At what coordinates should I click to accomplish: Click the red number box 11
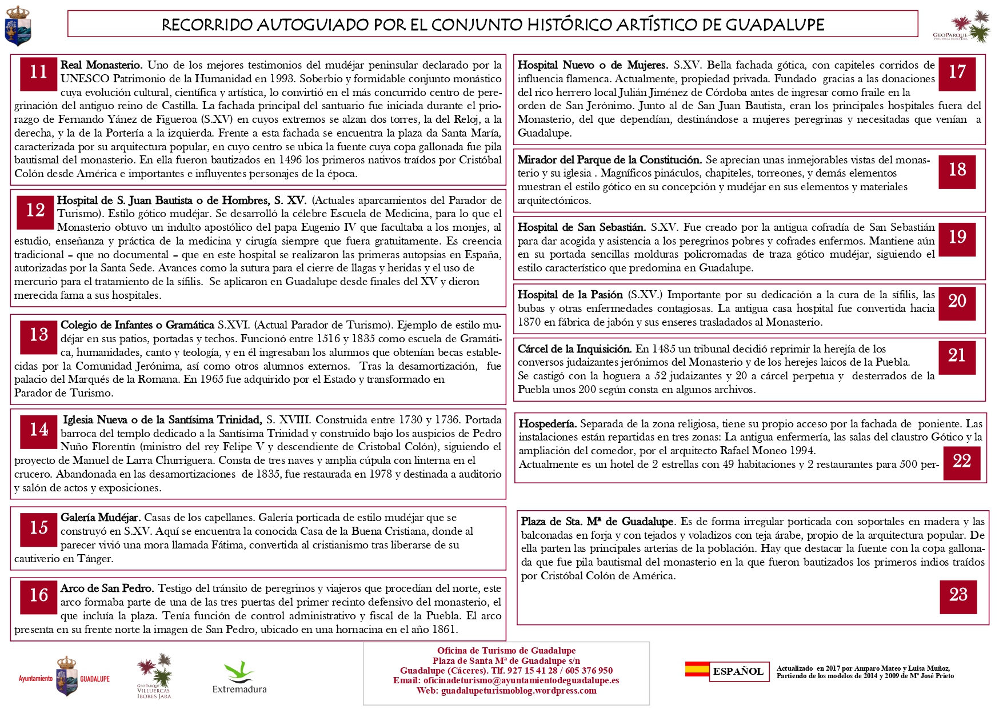pos(39,73)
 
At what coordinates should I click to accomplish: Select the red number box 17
pos(957,73)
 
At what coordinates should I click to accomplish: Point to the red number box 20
pos(957,302)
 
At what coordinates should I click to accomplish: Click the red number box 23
pos(958,596)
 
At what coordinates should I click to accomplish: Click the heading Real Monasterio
pos(101,65)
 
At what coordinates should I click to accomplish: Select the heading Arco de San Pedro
pos(107,588)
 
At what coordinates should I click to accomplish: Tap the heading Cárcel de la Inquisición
pos(574,349)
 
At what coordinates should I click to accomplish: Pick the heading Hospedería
pos(547,424)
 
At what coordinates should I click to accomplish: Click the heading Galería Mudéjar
pos(101,518)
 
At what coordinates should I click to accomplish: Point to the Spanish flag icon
pos(697,669)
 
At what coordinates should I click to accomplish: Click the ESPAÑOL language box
pos(738,671)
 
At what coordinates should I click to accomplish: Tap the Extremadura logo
pos(239,678)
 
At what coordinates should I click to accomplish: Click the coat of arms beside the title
pos(18,26)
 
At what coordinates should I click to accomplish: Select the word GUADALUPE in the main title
pos(775,25)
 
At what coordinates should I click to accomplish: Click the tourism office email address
pos(521,680)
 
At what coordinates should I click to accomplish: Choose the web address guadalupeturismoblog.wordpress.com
pos(518,691)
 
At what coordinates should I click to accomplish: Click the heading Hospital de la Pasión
pos(570,295)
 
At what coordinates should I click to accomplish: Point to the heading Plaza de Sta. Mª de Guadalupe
pos(597,522)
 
